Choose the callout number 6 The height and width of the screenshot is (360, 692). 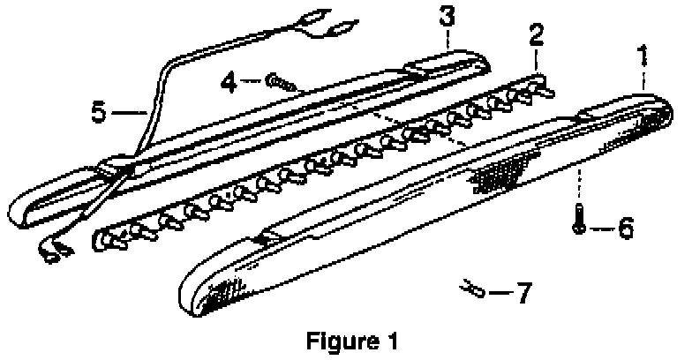[x=624, y=229]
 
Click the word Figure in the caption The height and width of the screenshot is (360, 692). [x=337, y=339]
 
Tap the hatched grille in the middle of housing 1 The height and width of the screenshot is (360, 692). [x=500, y=169]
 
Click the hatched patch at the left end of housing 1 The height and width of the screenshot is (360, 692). [x=229, y=289]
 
